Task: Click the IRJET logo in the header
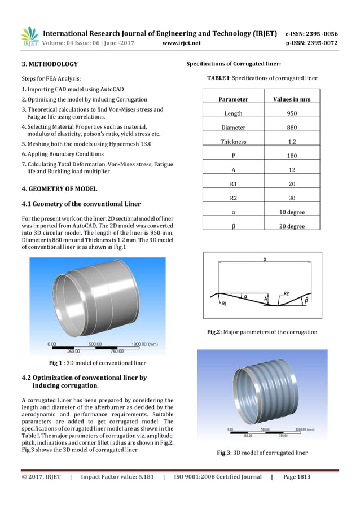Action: point(29,37)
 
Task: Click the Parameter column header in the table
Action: point(233,99)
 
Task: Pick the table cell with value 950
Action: point(292,113)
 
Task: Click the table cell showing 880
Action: point(292,128)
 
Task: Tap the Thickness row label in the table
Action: point(233,142)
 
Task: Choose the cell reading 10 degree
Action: point(292,212)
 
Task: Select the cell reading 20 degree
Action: point(292,226)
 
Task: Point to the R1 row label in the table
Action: point(233,184)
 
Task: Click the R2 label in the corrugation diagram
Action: point(286,293)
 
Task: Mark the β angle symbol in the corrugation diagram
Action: point(306,300)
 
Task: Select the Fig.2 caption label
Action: point(215,332)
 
